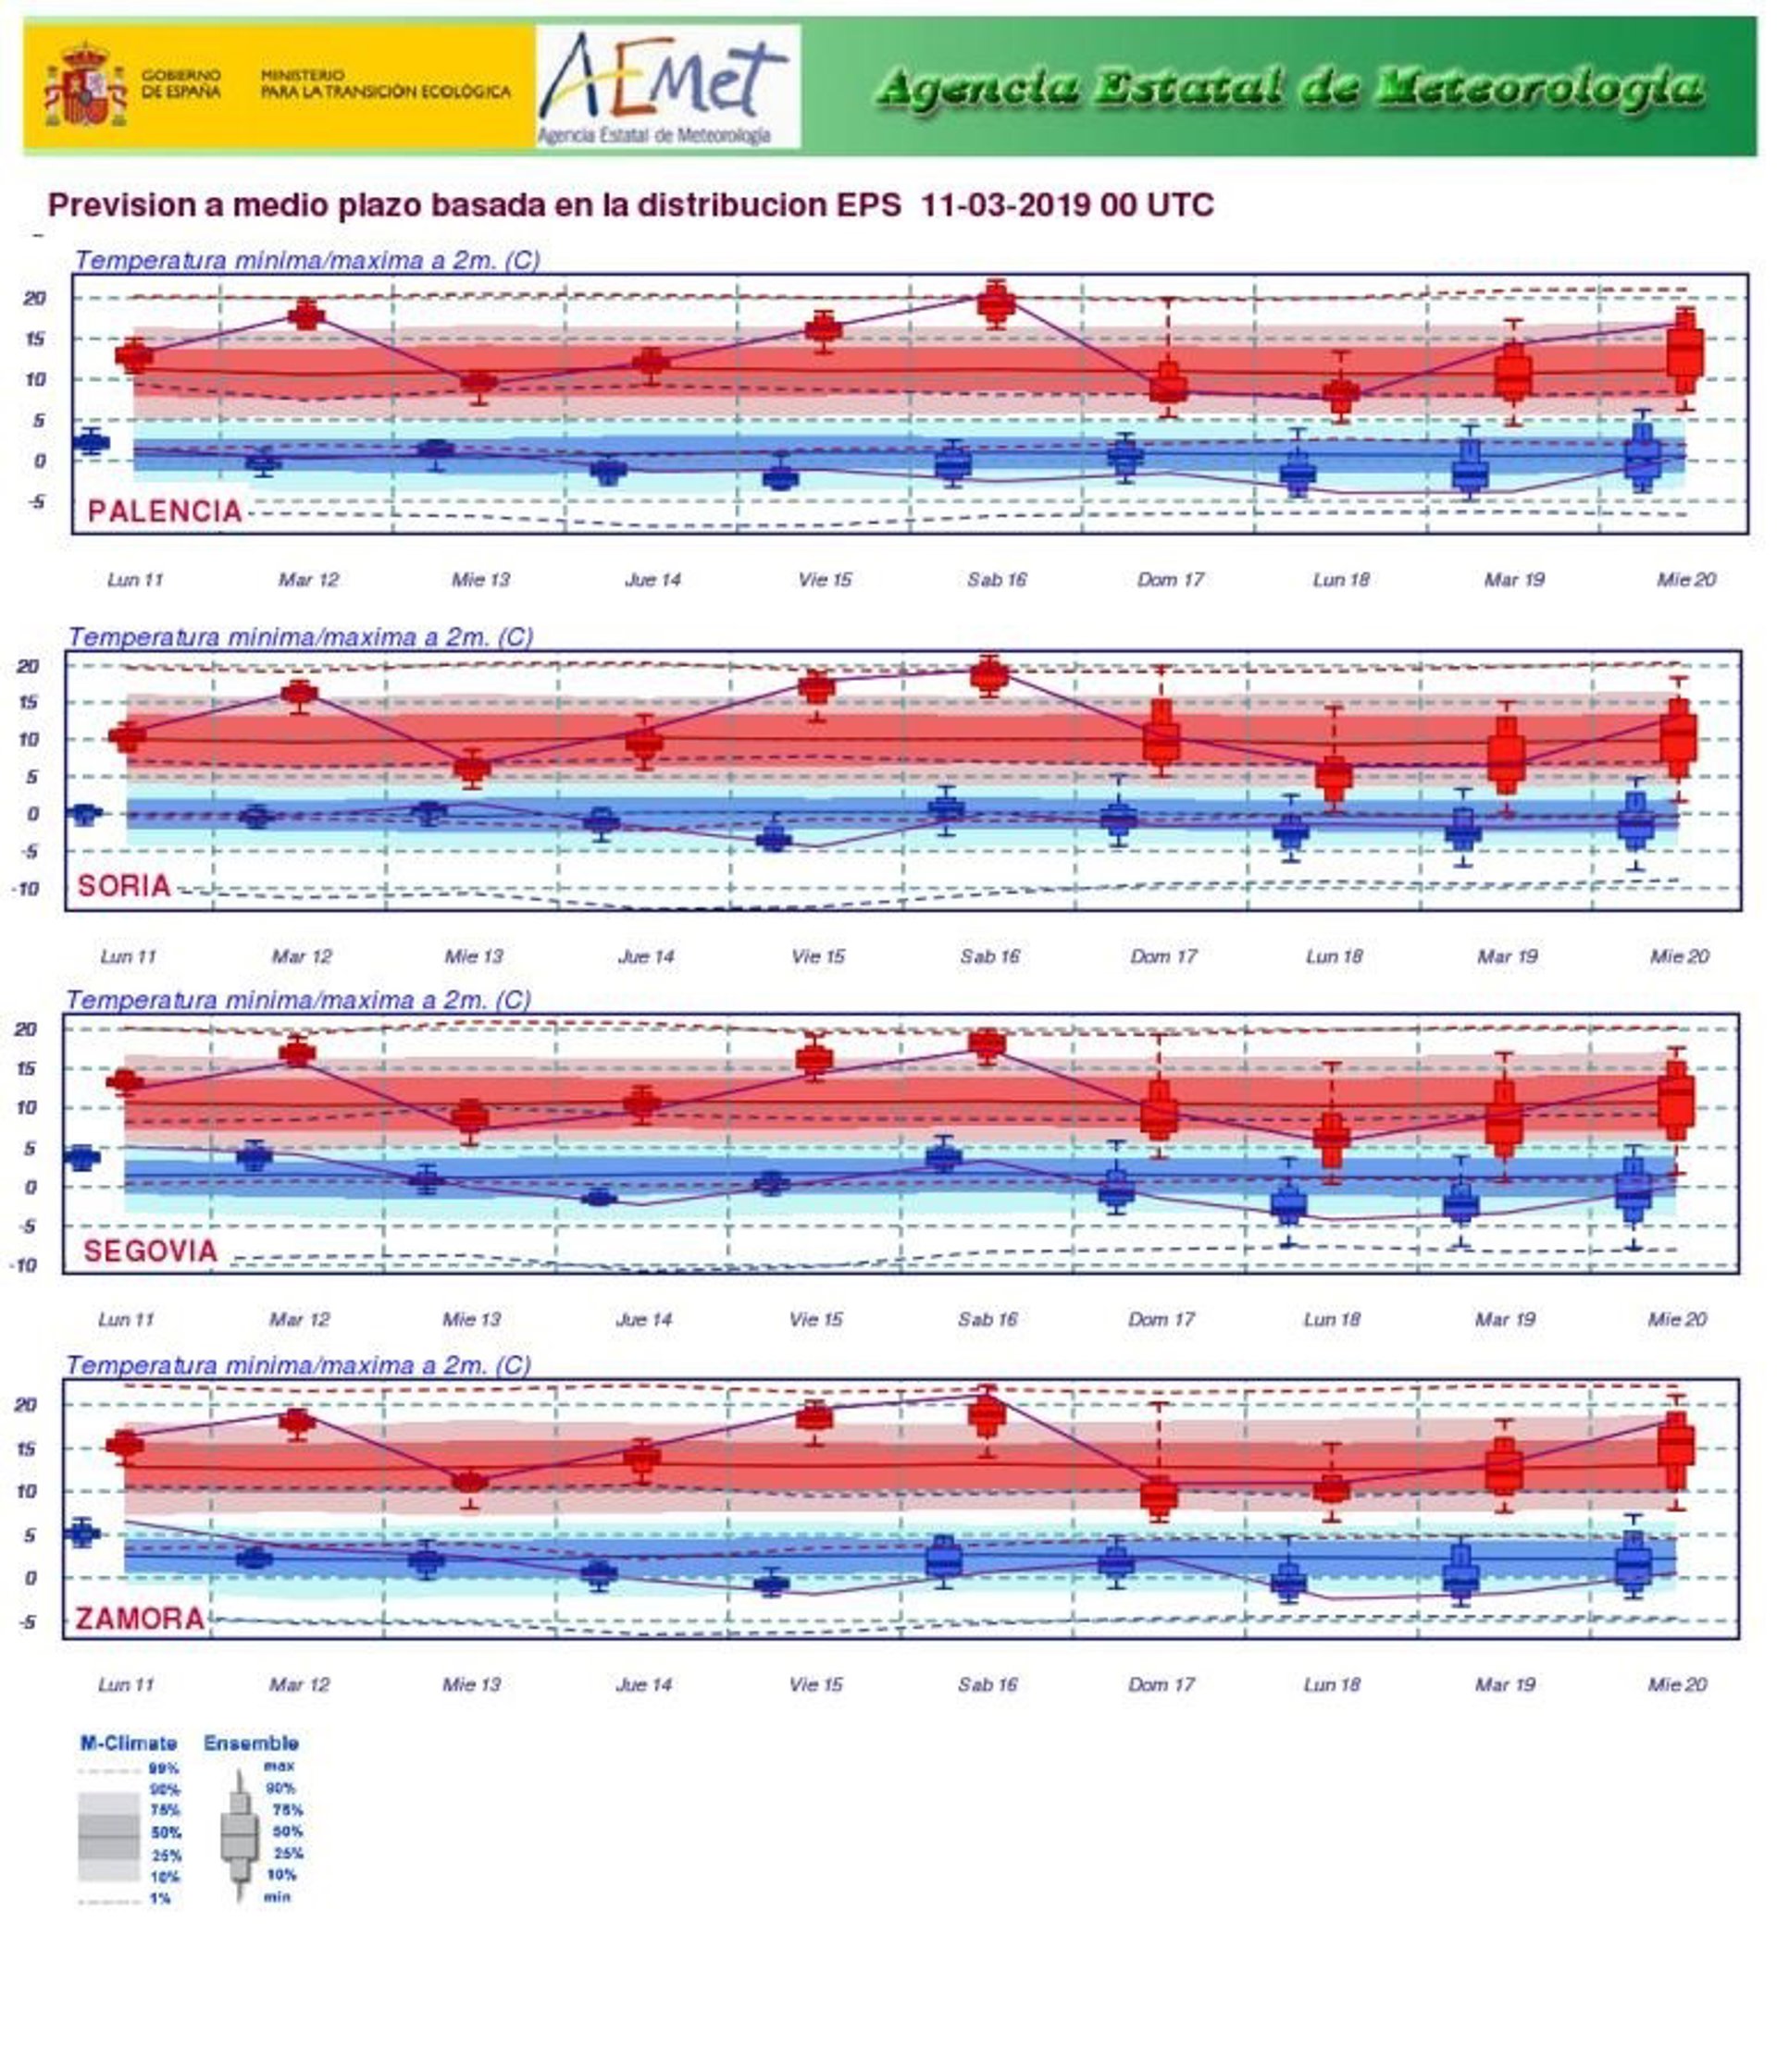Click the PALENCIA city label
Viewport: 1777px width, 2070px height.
point(165,511)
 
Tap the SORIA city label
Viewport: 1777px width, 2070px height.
point(124,885)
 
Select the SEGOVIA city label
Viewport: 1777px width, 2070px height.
point(150,1251)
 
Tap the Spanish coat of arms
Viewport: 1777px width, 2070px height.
point(85,85)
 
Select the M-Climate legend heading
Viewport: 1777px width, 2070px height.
point(128,1743)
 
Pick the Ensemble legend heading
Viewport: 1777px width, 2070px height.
point(251,1743)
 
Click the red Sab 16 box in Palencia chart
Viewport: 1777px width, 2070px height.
point(997,302)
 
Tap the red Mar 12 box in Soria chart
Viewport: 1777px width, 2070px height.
point(300,694)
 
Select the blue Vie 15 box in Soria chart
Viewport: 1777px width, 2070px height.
point(774,839)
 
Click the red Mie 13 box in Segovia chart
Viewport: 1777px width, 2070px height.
point(470,1117)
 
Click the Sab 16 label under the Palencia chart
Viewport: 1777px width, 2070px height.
point(997,579)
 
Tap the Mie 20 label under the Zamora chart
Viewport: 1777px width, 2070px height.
point(1676,1684)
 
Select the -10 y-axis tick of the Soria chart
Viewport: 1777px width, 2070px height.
point(25,888)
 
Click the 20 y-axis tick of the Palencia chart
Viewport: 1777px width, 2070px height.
point(34,298)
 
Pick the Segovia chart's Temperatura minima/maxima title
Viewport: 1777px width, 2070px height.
point(298,1000)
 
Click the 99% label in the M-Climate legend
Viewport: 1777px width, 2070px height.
point(164,1768)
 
